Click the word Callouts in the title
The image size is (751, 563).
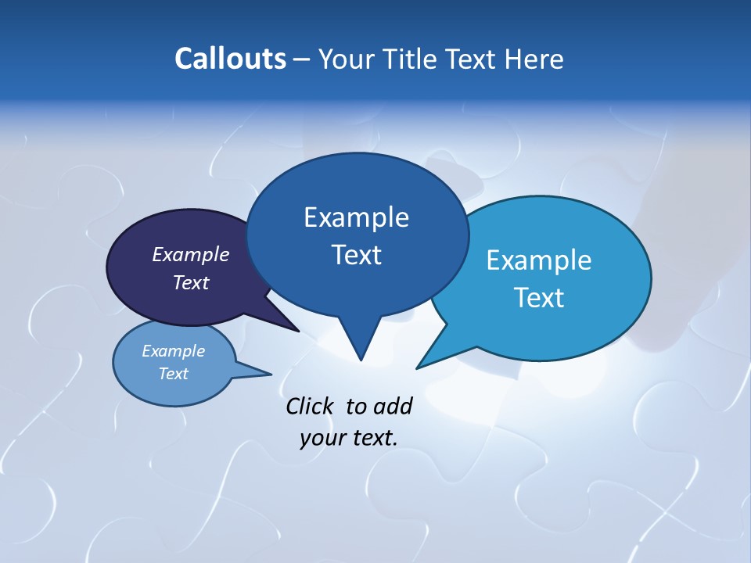230,59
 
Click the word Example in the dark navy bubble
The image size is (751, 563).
191,254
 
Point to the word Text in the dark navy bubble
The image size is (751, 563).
191,282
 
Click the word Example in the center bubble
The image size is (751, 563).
356,217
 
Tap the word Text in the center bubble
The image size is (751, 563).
356,255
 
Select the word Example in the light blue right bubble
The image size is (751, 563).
539,260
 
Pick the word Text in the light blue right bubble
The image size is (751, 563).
539,298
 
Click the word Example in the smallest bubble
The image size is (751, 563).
173,351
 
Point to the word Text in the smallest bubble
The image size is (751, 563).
173,374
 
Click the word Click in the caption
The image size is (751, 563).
311,406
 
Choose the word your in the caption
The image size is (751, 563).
322,438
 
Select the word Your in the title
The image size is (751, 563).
347,59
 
